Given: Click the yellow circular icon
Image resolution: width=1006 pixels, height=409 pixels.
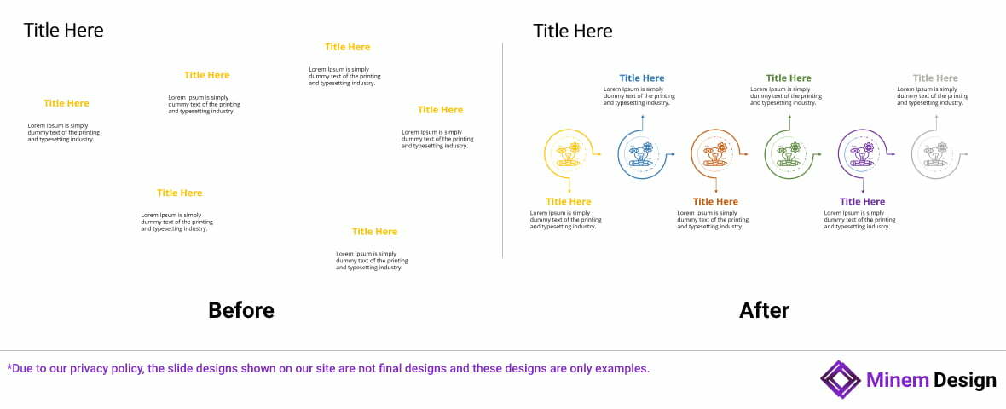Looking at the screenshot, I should point(568,154).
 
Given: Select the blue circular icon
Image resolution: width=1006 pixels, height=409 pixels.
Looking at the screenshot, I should point(641,154).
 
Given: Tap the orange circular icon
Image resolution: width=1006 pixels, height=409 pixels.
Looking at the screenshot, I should point(714,154).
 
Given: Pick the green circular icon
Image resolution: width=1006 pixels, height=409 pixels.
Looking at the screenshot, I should point(789,154).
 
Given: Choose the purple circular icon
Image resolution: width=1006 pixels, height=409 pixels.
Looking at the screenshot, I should point(862,154).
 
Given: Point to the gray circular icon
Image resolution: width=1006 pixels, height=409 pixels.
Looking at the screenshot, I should point(935,154).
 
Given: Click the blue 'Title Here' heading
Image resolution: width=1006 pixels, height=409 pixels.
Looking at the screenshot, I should point(641,78).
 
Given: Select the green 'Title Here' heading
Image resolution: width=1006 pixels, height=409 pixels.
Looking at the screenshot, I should point(789,78).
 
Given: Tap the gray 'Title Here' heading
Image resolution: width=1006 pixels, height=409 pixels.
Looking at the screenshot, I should point(935,78).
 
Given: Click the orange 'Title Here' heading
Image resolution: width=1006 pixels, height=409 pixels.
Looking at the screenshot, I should point(715,202).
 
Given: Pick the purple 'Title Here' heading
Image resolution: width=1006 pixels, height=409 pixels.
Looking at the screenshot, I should point(862,202).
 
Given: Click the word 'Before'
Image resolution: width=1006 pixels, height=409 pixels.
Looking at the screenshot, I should point(241,310).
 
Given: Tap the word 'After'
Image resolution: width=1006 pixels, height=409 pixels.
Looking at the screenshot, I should point(764,310).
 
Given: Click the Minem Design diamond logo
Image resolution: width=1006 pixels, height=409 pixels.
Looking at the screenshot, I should point(841,379).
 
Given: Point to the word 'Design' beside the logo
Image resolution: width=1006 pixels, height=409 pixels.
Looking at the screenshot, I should point(964,380).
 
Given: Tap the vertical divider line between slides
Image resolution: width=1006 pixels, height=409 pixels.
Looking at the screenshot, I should point(503,153).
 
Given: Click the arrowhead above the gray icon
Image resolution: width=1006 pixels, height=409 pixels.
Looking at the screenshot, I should point(936,118).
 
